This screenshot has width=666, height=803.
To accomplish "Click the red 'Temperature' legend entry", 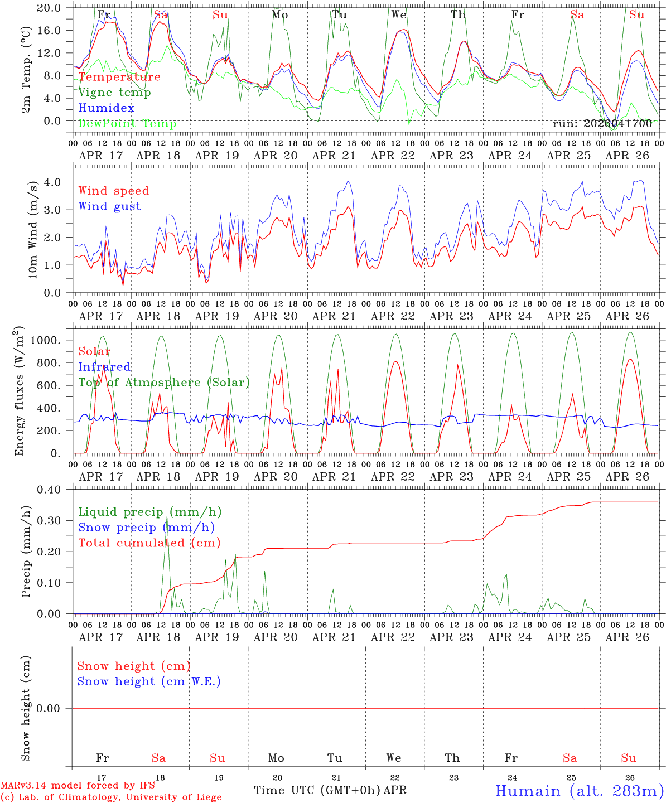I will point(119,77).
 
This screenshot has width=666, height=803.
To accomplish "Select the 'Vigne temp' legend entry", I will point(114,93).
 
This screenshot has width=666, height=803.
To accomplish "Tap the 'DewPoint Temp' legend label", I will point(127,123).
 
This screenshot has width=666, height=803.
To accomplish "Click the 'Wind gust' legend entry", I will point(109,206).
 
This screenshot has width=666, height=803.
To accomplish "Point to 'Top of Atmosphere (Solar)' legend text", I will point(164,383).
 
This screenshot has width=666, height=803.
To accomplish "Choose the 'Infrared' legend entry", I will point(104,367).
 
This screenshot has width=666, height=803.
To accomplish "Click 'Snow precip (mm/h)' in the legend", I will point(146,528).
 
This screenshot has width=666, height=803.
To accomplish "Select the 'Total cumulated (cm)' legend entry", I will point(149,543).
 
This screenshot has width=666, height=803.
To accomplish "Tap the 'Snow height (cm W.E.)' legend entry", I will point(149,681).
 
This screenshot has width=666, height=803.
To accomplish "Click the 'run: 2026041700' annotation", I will point(602,124).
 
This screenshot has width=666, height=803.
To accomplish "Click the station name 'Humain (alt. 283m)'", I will point(580,791).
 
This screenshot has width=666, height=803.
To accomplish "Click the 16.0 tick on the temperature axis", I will point(55,30).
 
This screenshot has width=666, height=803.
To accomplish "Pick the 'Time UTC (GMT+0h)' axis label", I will point(317,790).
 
